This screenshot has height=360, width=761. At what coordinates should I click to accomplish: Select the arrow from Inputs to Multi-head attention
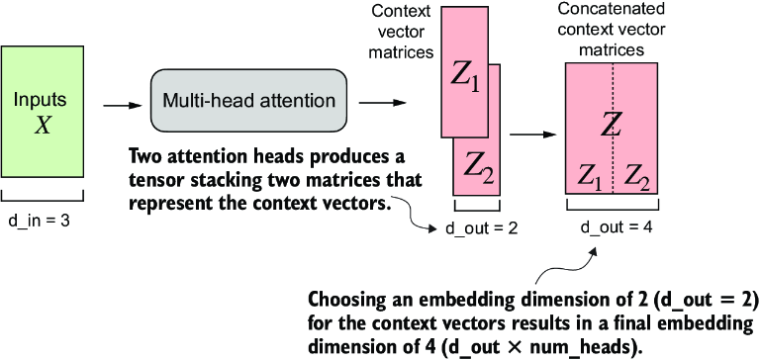pyautogui.click(x=116, y=102)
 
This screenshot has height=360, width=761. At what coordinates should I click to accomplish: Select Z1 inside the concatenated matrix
pyautogui.click(x=590, y=178)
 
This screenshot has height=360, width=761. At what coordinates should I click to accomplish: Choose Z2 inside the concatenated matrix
pyautogui.click(x=637, y=178)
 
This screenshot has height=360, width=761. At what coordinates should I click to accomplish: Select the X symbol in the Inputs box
pyautogui.click(x=43, y=124)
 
